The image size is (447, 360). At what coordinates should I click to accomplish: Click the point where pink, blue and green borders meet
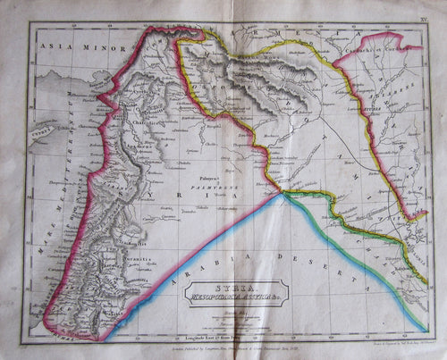point(283,193)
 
